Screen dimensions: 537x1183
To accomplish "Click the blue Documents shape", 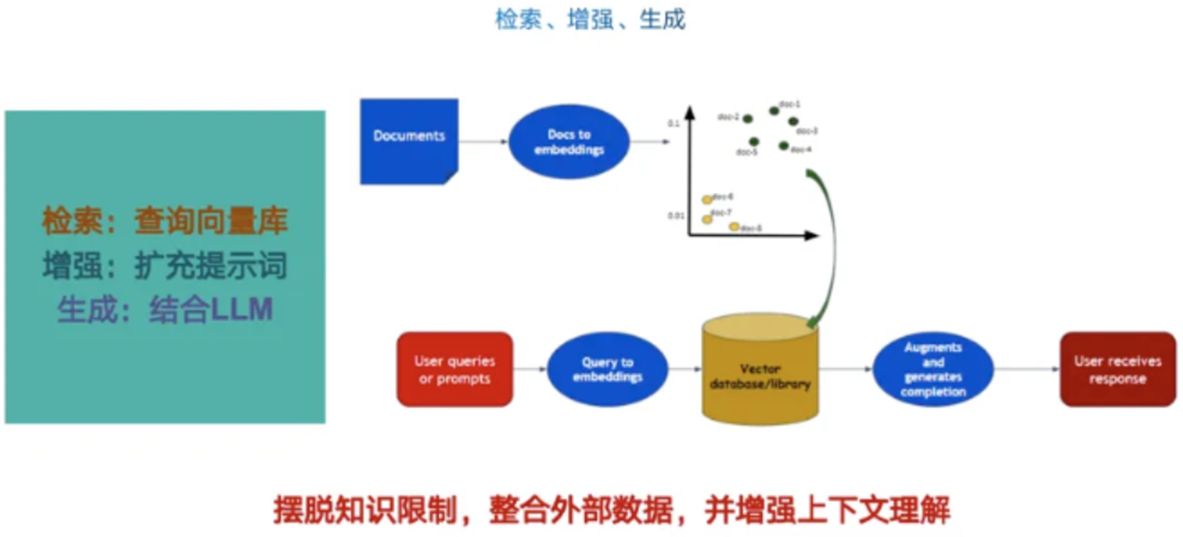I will [x=408, y=140].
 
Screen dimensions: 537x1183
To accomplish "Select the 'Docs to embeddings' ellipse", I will [x=569, y=142].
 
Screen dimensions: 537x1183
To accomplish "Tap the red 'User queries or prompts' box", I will [x=454, y=369].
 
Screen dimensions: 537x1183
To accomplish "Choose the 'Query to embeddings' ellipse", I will [x=607, y=369].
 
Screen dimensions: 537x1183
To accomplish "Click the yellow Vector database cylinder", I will [x=759, y=375].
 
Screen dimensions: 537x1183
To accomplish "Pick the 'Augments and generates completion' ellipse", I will [x=933, y=369].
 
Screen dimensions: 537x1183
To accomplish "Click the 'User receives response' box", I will [x=1117, y=369].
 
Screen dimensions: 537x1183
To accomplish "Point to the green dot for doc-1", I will [x=773, y=111].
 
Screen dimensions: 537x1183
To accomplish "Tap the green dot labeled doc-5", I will [x=754, y=142].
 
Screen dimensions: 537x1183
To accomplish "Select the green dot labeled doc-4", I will [x=784, y=146].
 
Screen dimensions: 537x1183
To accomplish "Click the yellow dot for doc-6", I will [x=707, y=199].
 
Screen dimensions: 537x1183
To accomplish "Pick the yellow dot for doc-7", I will [x=707, y=219].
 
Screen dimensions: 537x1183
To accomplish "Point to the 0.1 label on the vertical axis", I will [x=674, y=123].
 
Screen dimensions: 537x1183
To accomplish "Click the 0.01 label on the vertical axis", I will [x=675, y=215].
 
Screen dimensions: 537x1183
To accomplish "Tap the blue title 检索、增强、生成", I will [x=590, y=20].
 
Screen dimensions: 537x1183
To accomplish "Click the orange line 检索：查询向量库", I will [x=165, y=221].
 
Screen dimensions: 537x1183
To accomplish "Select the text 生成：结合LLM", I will [x=165, y=310].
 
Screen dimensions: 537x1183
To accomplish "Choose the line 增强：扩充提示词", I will [x=165, y=266].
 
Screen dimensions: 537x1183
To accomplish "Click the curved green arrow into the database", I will [x=833, y=245].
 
